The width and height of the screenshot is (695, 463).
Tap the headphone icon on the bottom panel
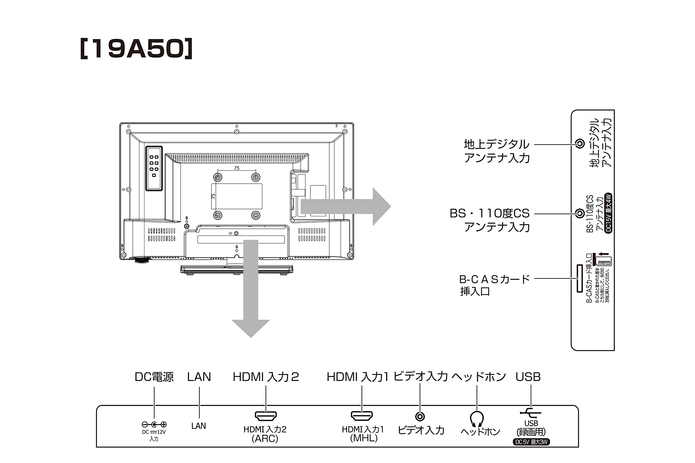[x=476, y=419]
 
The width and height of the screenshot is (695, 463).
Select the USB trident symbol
[x=530, y=413]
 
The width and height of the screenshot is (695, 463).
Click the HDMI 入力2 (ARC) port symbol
[x=266, y=416]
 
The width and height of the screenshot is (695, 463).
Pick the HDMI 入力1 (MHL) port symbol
[x=362, y=416]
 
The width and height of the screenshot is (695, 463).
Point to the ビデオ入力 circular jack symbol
[x=420, y=417]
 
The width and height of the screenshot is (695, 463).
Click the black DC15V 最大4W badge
[x=608, y=213]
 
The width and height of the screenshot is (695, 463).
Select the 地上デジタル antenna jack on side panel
[x=580, y=144]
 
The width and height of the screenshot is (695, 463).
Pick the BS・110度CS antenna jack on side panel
[x=580, y=213]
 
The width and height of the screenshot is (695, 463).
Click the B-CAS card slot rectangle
[x=580, y=278]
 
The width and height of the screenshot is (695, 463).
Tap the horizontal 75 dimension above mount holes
[x=236, y=168]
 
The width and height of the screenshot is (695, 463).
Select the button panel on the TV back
[x=154, y=168]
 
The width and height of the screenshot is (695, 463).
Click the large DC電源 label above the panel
[x=154, y=377]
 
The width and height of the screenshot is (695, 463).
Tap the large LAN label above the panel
[x=199, y=377]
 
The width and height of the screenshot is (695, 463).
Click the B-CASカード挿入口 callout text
[x=494, y=285]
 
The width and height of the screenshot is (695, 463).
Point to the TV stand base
[x=236, y=269]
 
